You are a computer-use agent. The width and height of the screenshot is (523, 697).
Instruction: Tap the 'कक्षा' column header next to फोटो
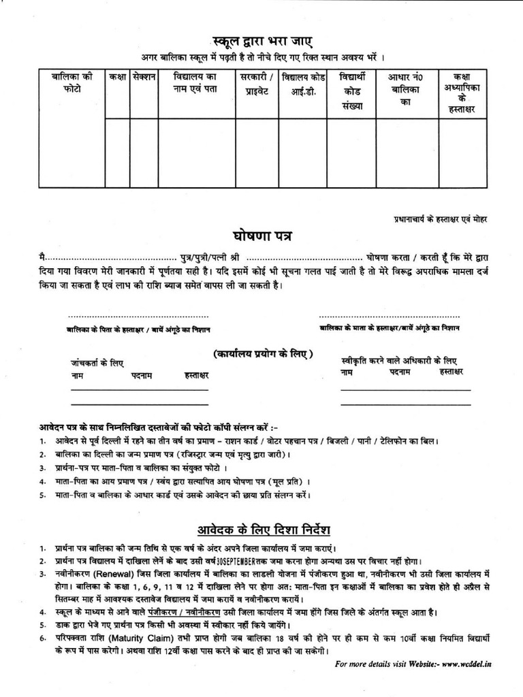pyautogui.click(x=117, y=76)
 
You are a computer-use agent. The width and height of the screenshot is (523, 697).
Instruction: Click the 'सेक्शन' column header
pyautogui.click(x=144, y=76)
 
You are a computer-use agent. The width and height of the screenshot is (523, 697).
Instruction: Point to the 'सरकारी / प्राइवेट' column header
pyautogui.click(x=256, y=82)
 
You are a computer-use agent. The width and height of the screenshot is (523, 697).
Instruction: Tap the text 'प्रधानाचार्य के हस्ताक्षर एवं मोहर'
pyautogui.click(x=441, y=219)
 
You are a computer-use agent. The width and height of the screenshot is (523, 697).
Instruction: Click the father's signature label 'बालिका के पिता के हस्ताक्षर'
pyautogui.click(x=139, y=329)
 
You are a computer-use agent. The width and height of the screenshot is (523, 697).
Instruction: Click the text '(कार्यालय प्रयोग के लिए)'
pyautogui.click(x=262, y=354)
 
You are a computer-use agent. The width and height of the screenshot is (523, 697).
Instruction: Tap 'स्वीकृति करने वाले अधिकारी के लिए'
pyautogui.click(x=399, y=360)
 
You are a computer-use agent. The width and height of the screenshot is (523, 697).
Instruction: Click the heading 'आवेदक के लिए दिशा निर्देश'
pyautogui.click(x=263, y=529)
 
